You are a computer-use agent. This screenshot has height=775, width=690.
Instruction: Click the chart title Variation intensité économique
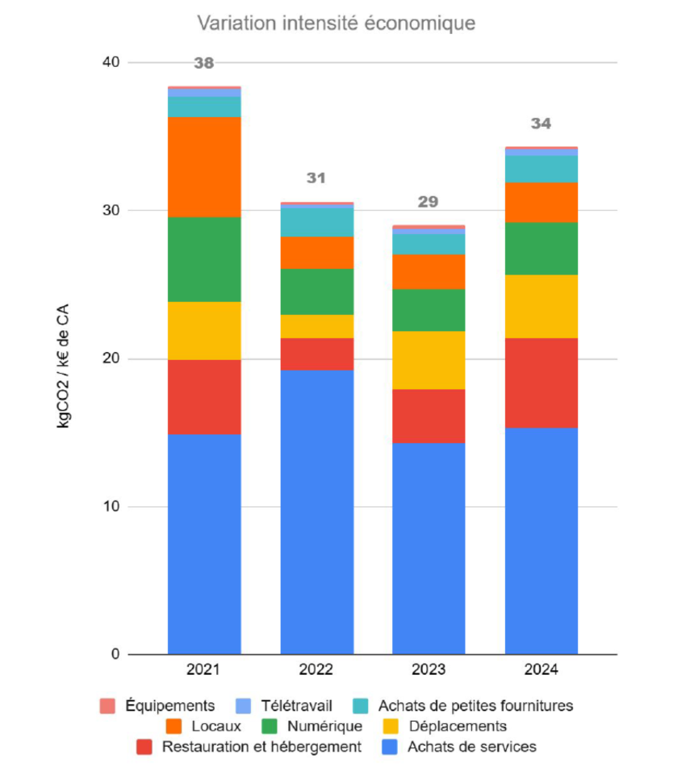pyautogui.click(x=337, y=24)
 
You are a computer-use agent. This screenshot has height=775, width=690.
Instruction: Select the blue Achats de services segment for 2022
pyautogui.click(x=316, y=512)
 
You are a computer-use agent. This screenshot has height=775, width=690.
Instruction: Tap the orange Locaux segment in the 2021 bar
pyautogui.click(x=204, y=167)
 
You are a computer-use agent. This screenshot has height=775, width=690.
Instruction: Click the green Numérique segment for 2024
pyautogui.click(x=541, y=249)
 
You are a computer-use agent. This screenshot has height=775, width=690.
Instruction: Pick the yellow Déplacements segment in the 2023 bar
pyautogui.click(x=429, y=360)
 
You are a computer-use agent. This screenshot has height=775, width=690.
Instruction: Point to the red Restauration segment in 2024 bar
pyautogui.click(x=541, y=383)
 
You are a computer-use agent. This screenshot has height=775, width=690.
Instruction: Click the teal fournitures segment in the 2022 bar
pyautogui.click(x=316, y=222)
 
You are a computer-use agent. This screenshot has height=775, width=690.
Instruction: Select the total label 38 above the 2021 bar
pyautogui.click(x=204, y=63)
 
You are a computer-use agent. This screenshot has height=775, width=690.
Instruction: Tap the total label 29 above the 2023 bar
pyautogui.click(x=429, y=202)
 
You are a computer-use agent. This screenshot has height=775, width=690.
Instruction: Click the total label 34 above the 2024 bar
pyautogui.click(x=541, y=124)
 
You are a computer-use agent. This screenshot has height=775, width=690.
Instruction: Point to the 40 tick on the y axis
pyautogui.click(x=110, y=63)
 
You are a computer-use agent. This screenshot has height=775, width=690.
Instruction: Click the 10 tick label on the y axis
pyautogui.click(x=110, y=507)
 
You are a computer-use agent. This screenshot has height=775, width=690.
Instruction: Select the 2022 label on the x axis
pyautogui.click(x=316, y=670)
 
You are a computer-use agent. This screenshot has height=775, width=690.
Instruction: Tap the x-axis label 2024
pyautogui.click(x=541, y=670)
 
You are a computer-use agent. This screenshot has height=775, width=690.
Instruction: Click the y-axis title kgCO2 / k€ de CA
pyautogui.click(x=64, y=358)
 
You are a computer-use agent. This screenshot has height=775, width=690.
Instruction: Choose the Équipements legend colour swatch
pyautogui.click(x=107, y=706)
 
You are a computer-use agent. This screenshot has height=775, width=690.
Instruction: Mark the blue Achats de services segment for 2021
pyautogui.click(x=204, y=544)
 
